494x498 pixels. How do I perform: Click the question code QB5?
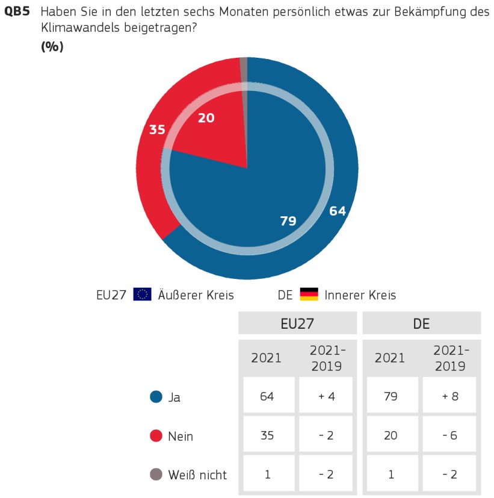[x=18, y=11]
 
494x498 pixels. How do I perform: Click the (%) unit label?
[x=52, y=47]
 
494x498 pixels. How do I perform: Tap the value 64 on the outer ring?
[x=338, y=211]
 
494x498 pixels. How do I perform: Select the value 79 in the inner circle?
[x=288, y=221]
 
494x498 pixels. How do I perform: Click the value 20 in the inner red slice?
[x=206, y=118]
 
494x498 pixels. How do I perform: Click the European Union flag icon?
[x=143, y=294]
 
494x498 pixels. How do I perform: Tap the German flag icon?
[x=309, y=294]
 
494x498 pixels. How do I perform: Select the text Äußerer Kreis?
[x=196, y=295]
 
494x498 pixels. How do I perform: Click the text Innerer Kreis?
[x=360, y=295]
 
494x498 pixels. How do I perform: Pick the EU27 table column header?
[x=297, y=323]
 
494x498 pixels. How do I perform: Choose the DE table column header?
[x=421, y=323]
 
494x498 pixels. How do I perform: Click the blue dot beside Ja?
[x=156, y=397]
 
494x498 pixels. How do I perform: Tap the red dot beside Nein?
[x=156, y=435]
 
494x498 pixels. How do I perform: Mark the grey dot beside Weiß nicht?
[x=156, y=475]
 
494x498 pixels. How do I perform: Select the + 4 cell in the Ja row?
[x=326, y=396]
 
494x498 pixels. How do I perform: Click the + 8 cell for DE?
[x=449, y=396]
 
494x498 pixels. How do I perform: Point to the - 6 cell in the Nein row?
[x=449, y=435]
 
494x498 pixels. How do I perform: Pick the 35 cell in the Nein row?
[x=267, y=435]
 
